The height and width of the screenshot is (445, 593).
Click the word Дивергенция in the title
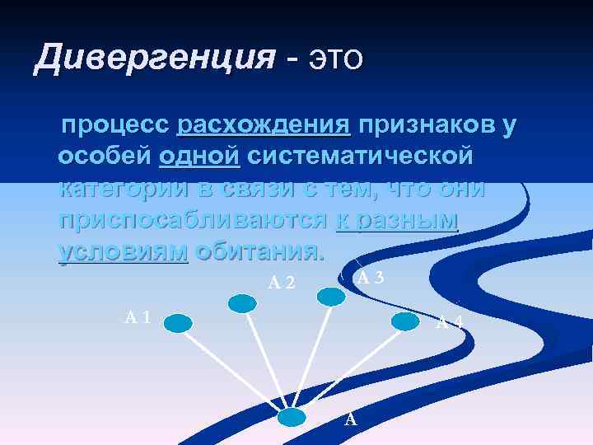click(154, 59)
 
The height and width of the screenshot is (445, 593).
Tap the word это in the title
click(334, 59)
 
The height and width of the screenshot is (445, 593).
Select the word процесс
click(114, 125)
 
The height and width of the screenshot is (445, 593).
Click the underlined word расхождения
click(264, 125)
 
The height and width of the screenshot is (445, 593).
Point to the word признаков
click(425, 125)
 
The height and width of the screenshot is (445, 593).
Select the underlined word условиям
click(124, 251)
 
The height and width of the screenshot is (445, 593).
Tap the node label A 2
click(282, 283)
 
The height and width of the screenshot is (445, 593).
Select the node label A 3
click(371, 277)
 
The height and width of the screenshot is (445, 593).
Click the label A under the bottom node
click(350, 419)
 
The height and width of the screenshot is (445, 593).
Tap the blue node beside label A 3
click(331, 296)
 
